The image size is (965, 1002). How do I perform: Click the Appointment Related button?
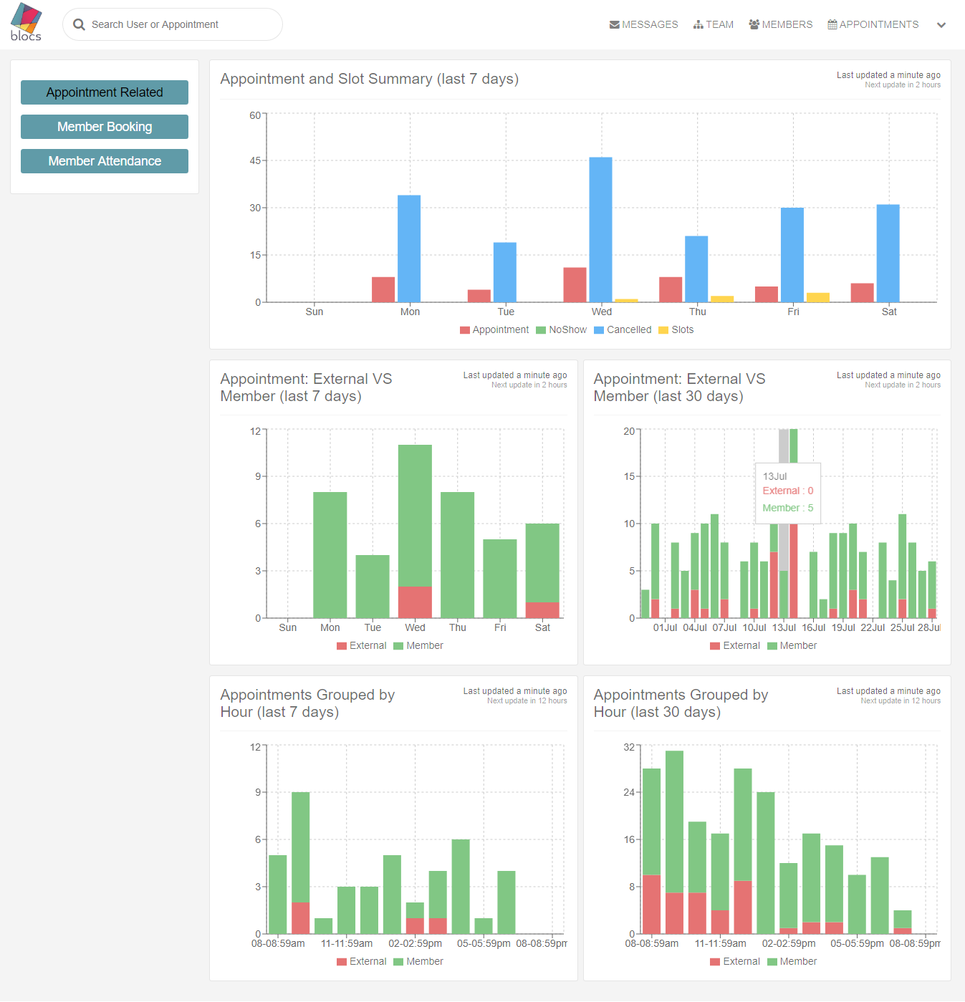(105, 92)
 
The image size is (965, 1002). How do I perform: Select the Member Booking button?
(105, 127)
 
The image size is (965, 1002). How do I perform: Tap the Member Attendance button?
(105, 161)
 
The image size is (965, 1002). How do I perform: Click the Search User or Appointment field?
(173, 24)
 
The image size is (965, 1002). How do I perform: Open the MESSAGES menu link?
(643, 24)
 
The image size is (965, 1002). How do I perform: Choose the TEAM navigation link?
(714, 24)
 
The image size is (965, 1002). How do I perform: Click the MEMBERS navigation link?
(781, 24)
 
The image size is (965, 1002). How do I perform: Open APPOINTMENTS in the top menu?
(873, 24)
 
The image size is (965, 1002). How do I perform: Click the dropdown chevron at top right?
(941, 25)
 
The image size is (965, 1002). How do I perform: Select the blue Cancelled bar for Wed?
(600, 229)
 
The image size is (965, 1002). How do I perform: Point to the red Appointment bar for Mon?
(383, 289)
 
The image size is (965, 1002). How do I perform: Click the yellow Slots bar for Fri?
(817, 297)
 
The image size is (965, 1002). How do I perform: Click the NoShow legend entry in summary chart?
(562, 330)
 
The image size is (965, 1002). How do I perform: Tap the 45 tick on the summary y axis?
(255, 160)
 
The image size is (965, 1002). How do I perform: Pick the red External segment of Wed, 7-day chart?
(415, 602)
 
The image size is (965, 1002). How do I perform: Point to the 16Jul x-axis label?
(814, 627)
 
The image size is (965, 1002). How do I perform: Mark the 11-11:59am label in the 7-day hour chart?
(347, 943)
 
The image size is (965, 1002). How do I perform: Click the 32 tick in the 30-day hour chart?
(629, 747)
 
